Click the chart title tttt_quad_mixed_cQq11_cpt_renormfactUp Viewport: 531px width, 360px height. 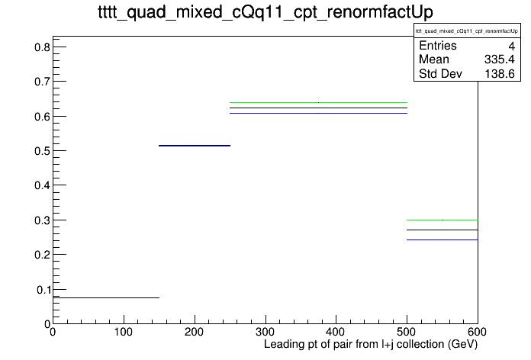click(x=265, y=12)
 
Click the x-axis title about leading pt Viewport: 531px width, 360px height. click(x=371, y=345)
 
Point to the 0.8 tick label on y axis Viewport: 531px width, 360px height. click(x=42, y=47)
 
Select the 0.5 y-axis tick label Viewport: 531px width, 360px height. click(x=42, y=151)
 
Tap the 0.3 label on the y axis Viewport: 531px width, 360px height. click(x=42, y=220)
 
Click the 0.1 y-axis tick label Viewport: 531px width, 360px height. click(x=43, y=290)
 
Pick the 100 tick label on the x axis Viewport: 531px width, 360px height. click(x=124, y=332)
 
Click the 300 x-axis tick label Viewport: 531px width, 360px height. click(x=265, y=332)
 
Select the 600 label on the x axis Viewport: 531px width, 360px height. click(x=477, y=332)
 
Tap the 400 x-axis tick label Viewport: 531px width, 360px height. click(x=336, y=332)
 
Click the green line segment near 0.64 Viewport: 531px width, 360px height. click(x=318, y=102)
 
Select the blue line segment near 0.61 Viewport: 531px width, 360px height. click(x=318, y=113)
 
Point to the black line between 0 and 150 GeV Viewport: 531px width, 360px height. click(x=106, y=298)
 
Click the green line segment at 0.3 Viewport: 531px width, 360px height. click(x=443, y=220)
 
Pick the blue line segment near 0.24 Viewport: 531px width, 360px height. click(x=443, y=239)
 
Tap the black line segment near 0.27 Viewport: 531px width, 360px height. click(x=443, y=230)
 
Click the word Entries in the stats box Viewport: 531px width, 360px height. click(x=437, y=46)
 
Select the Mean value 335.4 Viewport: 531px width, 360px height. click(x=499, y=59)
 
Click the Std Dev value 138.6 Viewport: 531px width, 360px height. click(x=500, y=74)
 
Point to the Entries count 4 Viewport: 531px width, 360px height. click(x=511, y=46)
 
